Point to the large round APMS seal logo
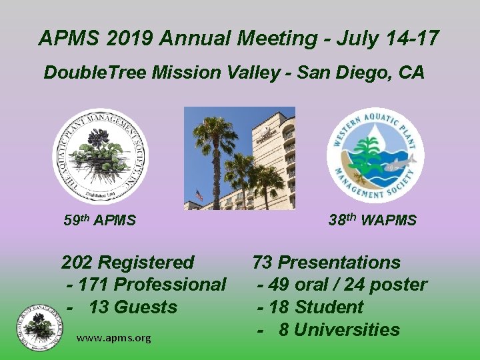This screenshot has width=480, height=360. coord(101,157)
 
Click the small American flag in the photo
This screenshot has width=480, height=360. coord(199,195)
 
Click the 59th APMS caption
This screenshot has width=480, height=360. coord(100,220)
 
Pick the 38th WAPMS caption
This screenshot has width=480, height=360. coord(373,220)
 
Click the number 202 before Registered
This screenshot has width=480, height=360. coord(79,263)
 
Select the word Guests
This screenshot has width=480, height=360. coord(145,307)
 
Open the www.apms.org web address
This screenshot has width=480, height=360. coord(113,338)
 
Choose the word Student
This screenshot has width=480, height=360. coord(329,307)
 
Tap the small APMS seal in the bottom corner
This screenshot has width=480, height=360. coord(40,327)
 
